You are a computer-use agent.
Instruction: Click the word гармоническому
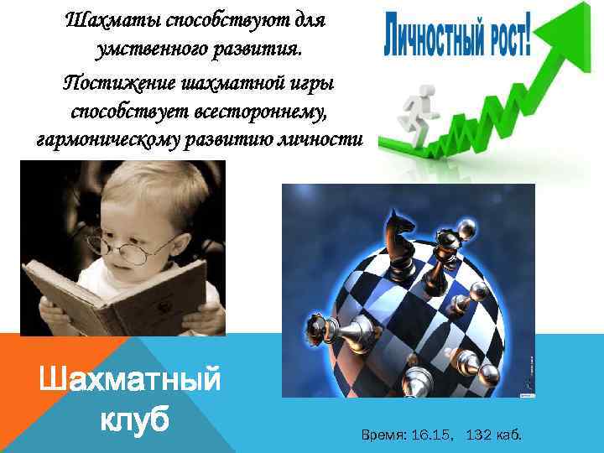[x=110, y=138]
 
